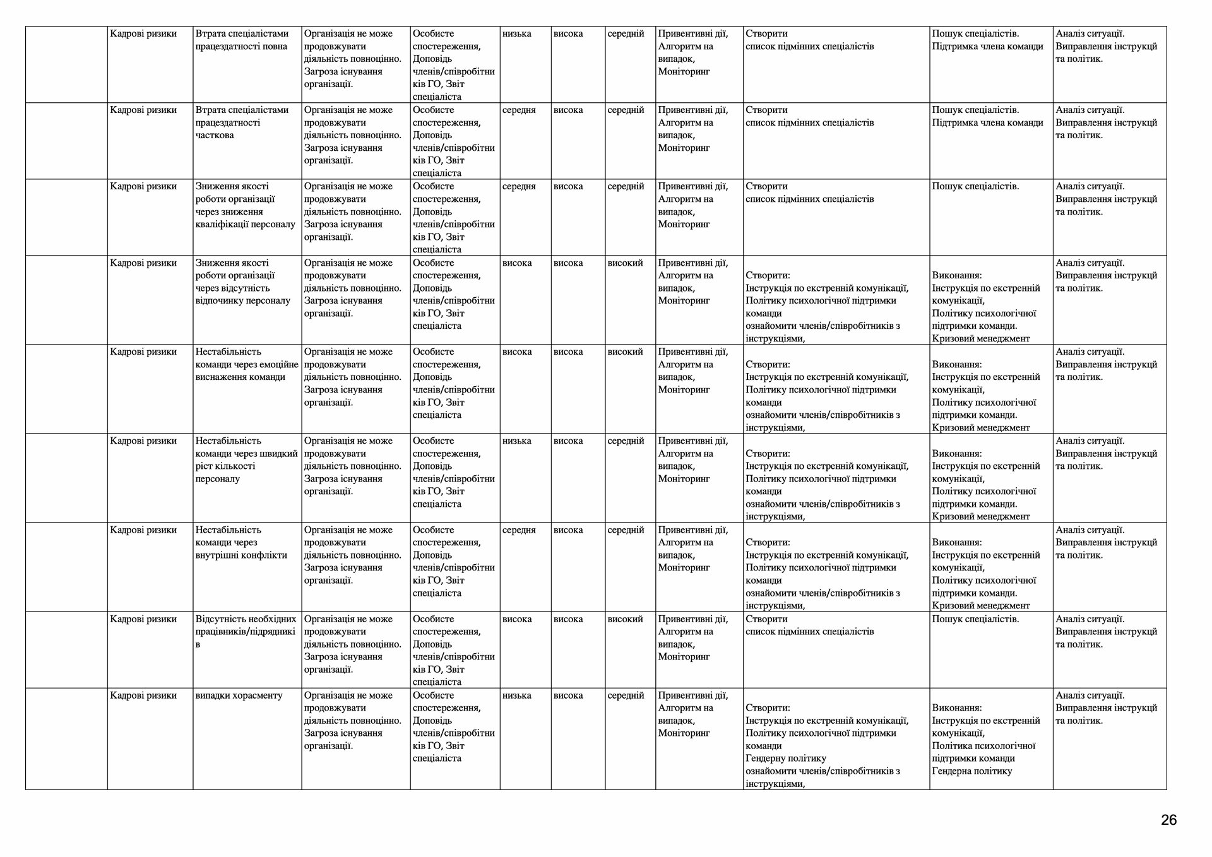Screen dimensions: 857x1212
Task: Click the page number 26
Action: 1168,820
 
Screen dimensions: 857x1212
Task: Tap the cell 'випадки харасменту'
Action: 239,695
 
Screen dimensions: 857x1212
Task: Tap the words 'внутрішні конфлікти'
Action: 241,555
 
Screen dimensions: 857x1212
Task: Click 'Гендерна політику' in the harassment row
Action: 971,771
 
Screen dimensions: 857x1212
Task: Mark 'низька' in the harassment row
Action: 516,695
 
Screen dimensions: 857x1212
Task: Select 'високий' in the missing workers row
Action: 625,619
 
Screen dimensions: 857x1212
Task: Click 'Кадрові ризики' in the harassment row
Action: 143,695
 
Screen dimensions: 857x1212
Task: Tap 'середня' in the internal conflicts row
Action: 519,530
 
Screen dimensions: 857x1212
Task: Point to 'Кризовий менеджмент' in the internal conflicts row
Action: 980,606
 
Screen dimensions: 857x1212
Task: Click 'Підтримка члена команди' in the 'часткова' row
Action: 987,123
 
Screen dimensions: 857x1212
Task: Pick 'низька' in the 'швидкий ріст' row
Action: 516,441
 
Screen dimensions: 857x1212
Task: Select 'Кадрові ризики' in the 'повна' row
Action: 143,33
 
